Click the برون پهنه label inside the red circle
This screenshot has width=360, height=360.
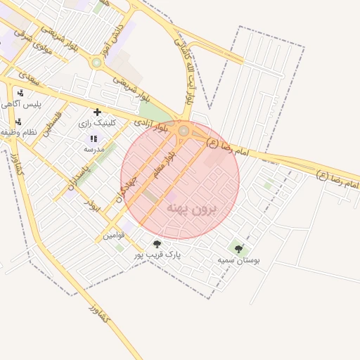[x=191, y=209]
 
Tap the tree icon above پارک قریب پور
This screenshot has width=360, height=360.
[x=157, y=244]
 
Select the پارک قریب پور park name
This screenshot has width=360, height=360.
[x=158, y=255]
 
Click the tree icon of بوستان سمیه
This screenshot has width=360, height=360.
[x=238, y=249]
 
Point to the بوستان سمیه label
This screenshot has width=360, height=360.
[x=238, y=259]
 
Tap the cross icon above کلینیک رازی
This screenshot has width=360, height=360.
[x=97, y=112]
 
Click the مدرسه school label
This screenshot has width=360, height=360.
[x=94, y=149]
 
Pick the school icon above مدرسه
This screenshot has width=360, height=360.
[x=94, y=139]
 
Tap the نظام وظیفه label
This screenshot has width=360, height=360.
[x=18, y=132]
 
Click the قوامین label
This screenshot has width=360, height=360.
[x=113, y=233]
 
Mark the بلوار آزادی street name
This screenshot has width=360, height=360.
[x=153, y=126]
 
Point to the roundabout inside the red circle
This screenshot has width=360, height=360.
[x=184, y=131]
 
